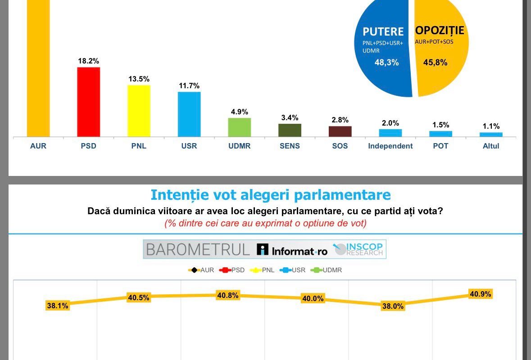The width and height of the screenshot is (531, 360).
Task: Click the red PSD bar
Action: tap(89, 102)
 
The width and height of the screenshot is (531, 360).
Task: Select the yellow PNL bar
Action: tap(139, 111)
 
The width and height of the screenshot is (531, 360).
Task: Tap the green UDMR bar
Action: tap(239, 127)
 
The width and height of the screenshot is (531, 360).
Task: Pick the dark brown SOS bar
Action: tap(340, 131)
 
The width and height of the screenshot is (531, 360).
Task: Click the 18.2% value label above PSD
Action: tap(88, 61)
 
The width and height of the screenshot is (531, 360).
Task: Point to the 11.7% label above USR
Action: tap(189, 85)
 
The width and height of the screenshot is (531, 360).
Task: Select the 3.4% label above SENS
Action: tap(290, 117)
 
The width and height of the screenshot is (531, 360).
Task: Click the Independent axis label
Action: tap(390, 146)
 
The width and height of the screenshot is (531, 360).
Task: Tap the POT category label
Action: tap(440, 146)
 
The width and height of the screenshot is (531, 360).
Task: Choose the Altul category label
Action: tap(491, 146)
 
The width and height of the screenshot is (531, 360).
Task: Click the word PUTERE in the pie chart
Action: tap(383, 31)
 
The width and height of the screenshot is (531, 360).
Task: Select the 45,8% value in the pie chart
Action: tap(435, 63)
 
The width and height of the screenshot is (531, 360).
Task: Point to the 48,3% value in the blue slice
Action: tap(386, 63)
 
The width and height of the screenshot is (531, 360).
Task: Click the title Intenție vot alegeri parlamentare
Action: tap(270, 195)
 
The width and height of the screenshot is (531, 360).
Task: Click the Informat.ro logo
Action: tap(292, 250)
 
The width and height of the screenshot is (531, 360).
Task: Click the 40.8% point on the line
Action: tap(227, 296)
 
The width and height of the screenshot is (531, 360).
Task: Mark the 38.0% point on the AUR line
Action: tap(393, 306)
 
